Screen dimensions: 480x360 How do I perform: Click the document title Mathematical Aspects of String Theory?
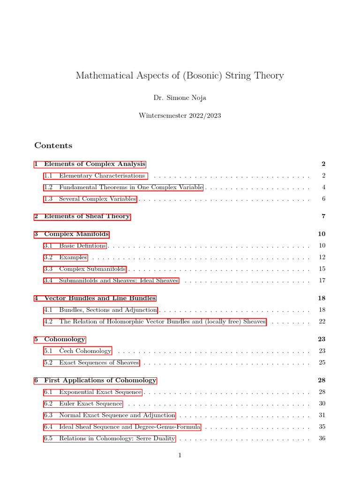coord(180,75)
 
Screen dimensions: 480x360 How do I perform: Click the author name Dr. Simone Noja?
coord(180,98)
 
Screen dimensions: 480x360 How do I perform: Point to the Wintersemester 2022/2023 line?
coord(180,115)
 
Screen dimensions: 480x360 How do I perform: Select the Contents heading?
coord(53,145)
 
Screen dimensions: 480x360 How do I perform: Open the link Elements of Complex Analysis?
coord(90,164)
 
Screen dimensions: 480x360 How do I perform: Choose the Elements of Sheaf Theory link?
coord(82,217)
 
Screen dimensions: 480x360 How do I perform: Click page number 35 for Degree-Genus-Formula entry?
coord(322,427)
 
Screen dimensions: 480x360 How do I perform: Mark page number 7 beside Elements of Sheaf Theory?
coord(323,217)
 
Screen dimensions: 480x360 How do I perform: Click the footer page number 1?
coord(180,455)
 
